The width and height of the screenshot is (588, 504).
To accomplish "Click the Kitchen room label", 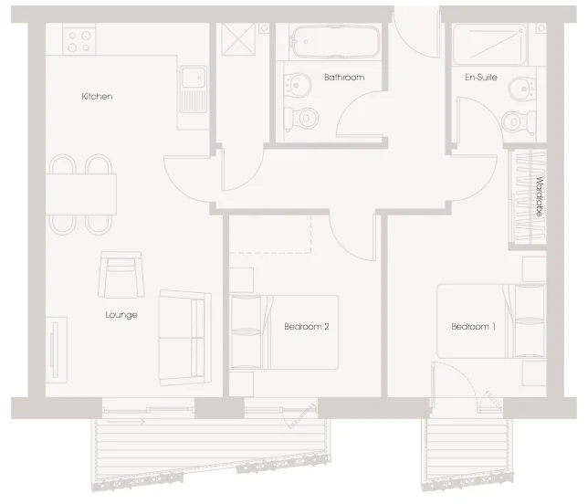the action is [97, 97].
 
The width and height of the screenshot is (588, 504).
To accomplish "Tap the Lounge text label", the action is [121, 315].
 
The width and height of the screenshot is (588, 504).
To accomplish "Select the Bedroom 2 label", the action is [307, 327].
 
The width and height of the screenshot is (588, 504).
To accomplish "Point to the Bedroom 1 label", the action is [473, 327].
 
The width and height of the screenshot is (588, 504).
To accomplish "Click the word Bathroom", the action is [344, 78].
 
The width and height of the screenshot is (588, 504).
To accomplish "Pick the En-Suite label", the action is [481, 78].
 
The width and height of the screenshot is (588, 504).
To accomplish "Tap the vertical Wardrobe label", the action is [540, 196].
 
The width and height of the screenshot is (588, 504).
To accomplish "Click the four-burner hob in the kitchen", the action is [79, 39].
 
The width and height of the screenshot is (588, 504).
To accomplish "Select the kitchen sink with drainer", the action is [194, 89].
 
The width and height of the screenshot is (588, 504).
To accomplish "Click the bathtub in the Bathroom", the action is [336, 41].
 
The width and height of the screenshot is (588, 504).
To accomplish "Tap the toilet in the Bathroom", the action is [301, 120].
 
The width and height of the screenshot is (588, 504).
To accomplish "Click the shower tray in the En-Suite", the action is [489, 44].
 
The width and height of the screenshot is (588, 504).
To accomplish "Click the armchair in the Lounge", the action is [121, 275].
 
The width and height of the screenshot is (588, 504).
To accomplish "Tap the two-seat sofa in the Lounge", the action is [184, 338].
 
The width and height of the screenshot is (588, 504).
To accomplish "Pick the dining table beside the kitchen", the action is [81, 194].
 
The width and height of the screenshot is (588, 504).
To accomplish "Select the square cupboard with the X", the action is [238, 39].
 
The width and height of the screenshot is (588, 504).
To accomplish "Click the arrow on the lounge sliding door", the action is [126, 422].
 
